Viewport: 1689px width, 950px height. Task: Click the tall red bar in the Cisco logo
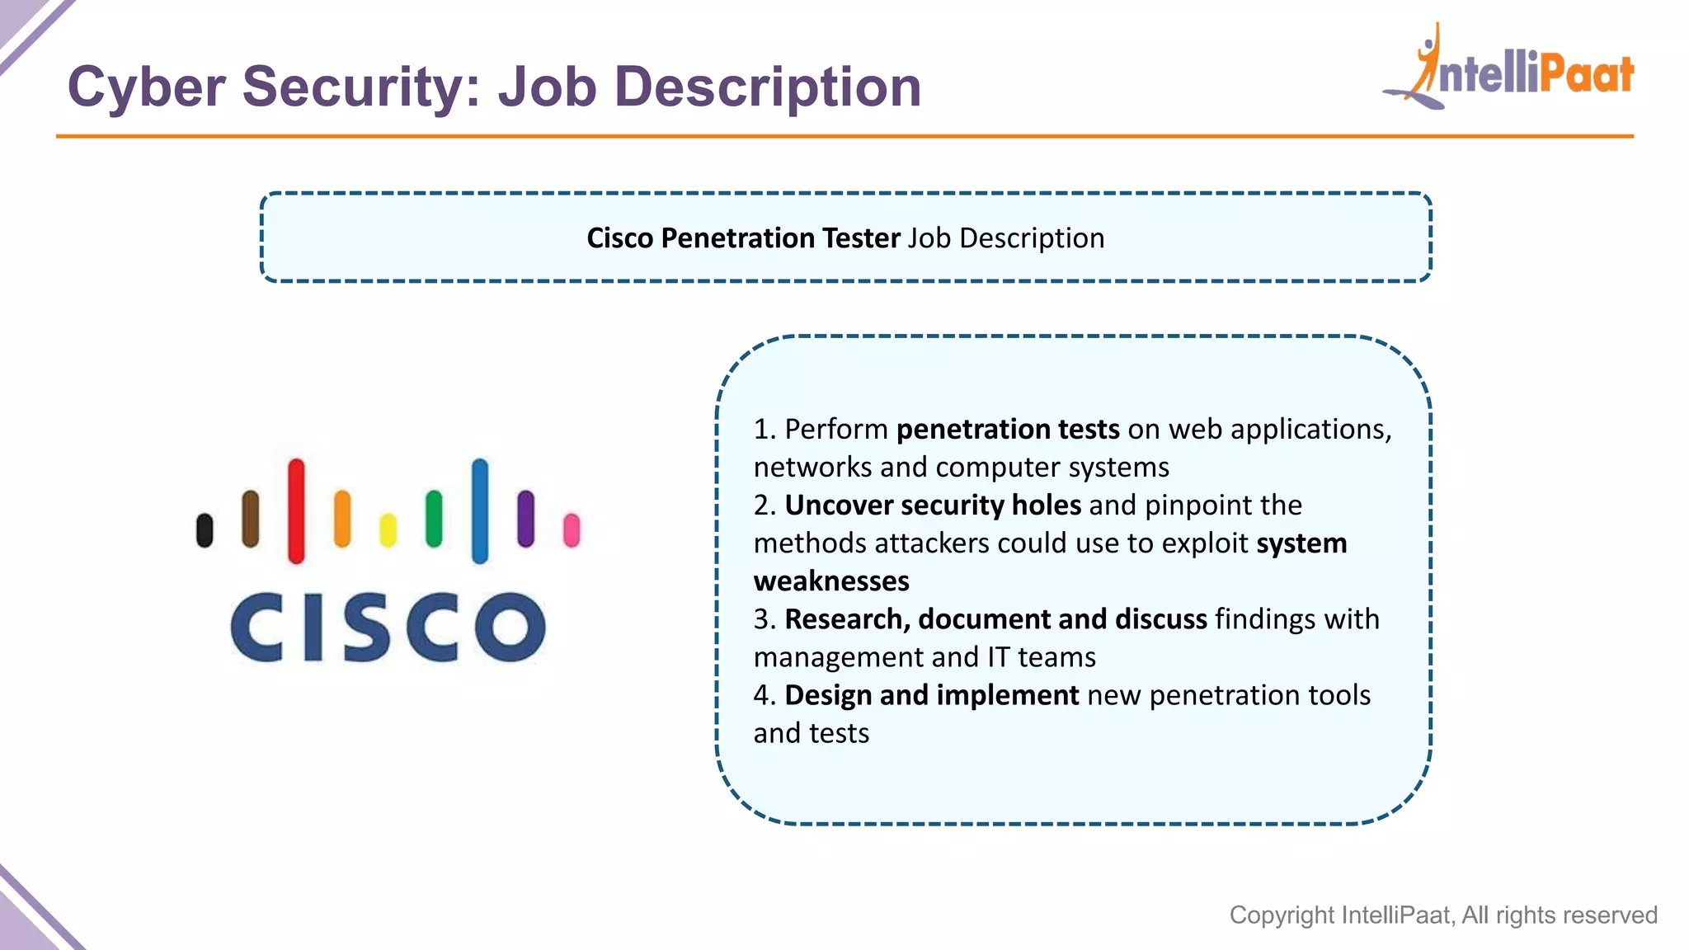[296, 511]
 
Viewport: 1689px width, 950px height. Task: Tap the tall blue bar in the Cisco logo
[480, 511]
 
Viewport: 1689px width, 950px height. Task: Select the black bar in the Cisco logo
[205, 530]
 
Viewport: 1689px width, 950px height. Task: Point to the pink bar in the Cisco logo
[572, 530]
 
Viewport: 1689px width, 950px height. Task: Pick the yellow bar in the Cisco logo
[388, 530]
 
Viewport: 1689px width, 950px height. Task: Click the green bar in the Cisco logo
[434, 520]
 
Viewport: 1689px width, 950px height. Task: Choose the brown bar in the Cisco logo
[250, 520]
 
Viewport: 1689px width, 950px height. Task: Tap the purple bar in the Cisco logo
[525, 520]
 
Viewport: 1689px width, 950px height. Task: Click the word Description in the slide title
[768, 87]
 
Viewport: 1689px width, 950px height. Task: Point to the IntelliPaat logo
[1509, 70]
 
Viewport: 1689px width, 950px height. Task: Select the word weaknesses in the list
[831, 581]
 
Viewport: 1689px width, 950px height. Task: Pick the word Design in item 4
[828, 695]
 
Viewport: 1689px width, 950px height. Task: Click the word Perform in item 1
[836, 430]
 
